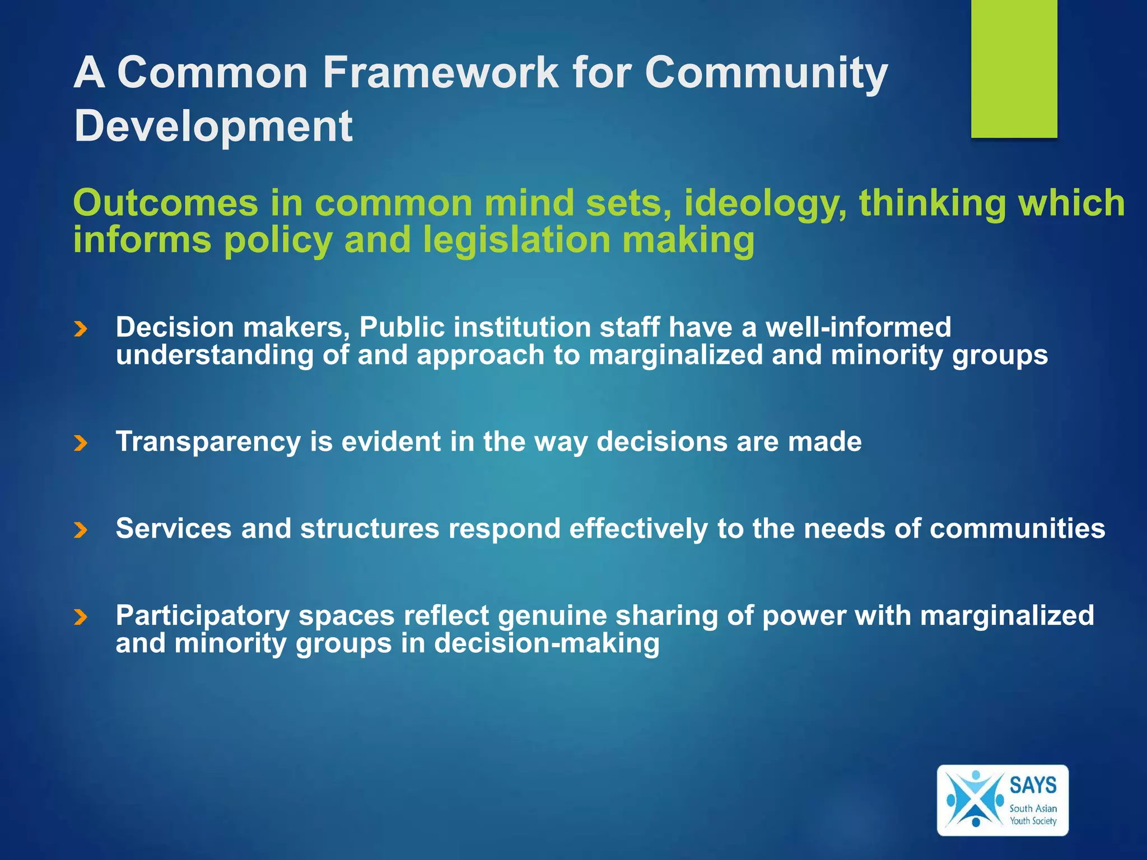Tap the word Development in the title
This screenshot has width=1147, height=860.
point(213,126)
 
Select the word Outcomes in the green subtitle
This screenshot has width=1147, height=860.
point(166,203)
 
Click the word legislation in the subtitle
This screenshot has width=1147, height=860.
point(516,240)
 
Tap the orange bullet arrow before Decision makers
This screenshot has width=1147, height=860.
point(81,329)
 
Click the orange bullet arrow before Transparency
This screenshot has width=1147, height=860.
point(81,443)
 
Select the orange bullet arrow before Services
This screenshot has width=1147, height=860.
point(81,530)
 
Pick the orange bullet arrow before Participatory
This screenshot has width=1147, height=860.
point(81,617)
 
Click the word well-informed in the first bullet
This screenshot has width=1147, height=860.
point(858,327)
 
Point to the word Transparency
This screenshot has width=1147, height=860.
point(208,442)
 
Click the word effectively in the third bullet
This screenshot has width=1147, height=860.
point(638,529)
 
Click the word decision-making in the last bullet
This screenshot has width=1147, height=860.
point(547,643)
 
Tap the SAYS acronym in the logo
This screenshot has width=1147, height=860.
point(1033,785)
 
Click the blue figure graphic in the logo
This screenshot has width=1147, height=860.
point(975,800)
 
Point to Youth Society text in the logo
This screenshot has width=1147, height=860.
point(1033,821)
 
